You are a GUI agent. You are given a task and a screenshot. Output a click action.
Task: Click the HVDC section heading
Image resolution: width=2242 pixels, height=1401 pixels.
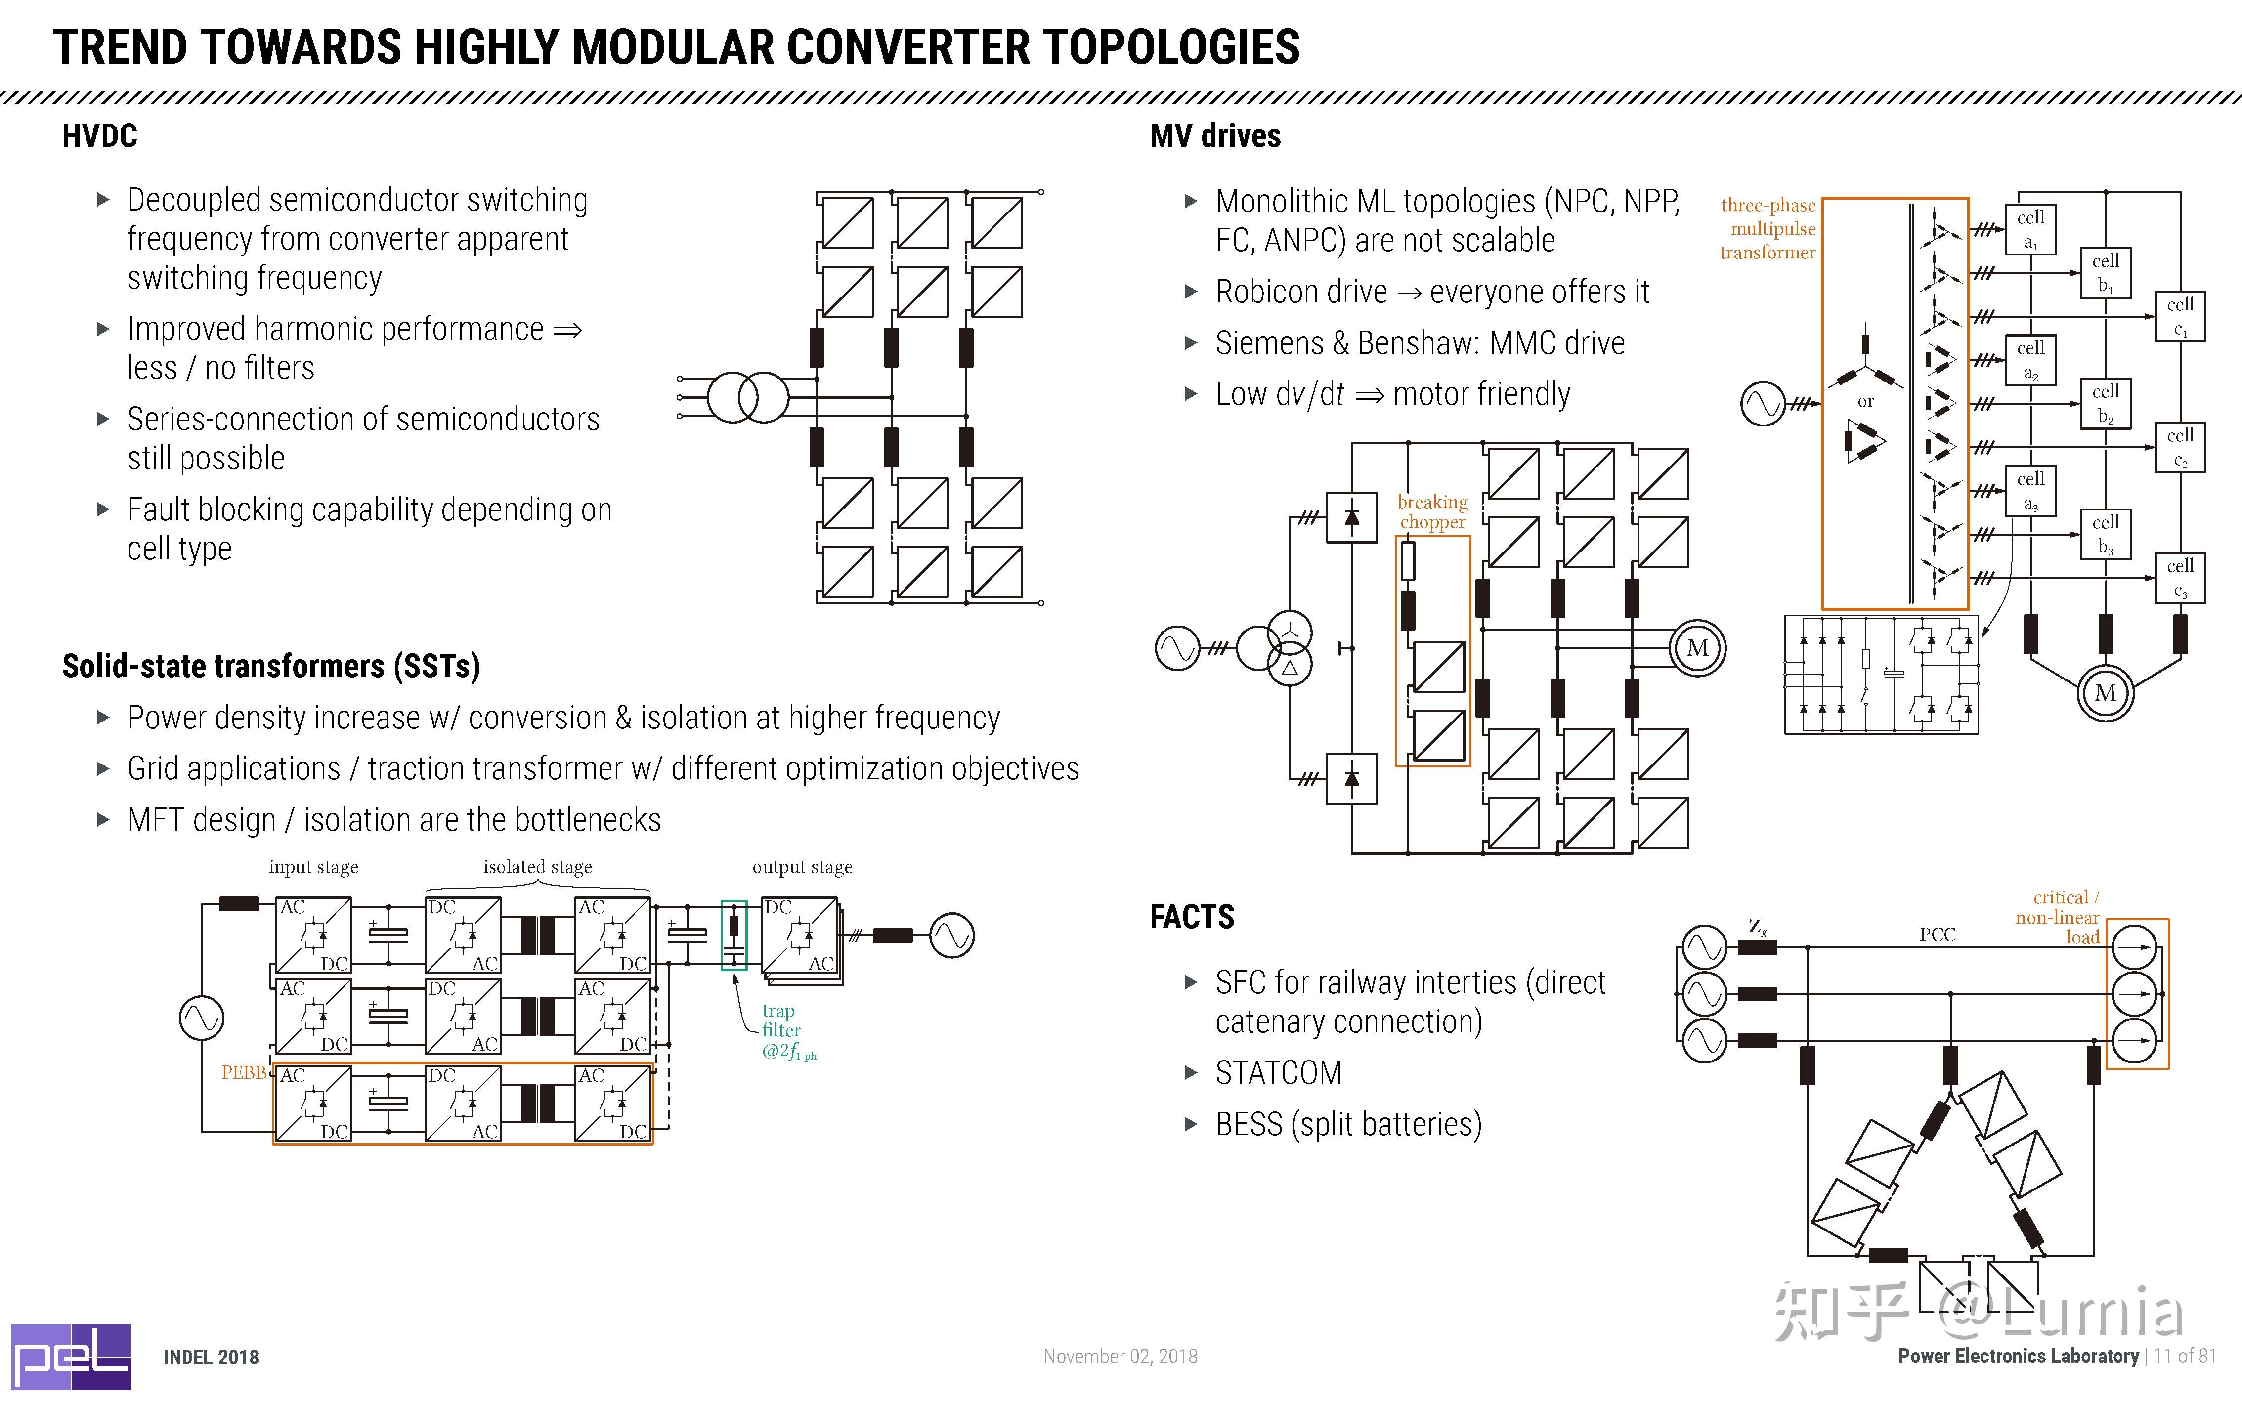(99, 136)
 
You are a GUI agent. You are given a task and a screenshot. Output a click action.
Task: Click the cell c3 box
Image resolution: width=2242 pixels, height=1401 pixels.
(2180, 577)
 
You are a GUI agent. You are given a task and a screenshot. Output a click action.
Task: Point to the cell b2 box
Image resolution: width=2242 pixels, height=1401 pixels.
(2105, 403)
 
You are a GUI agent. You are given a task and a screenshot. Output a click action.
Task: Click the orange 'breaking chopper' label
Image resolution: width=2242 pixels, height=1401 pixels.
(1432, 511)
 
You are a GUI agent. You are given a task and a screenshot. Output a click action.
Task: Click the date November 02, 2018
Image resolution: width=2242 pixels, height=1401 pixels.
(1120, 1357)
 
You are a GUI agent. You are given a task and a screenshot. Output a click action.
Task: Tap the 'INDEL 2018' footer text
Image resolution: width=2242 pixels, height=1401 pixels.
(211, 1358)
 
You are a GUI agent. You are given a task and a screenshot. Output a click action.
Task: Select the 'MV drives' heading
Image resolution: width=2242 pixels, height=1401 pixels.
(1214, 136)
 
